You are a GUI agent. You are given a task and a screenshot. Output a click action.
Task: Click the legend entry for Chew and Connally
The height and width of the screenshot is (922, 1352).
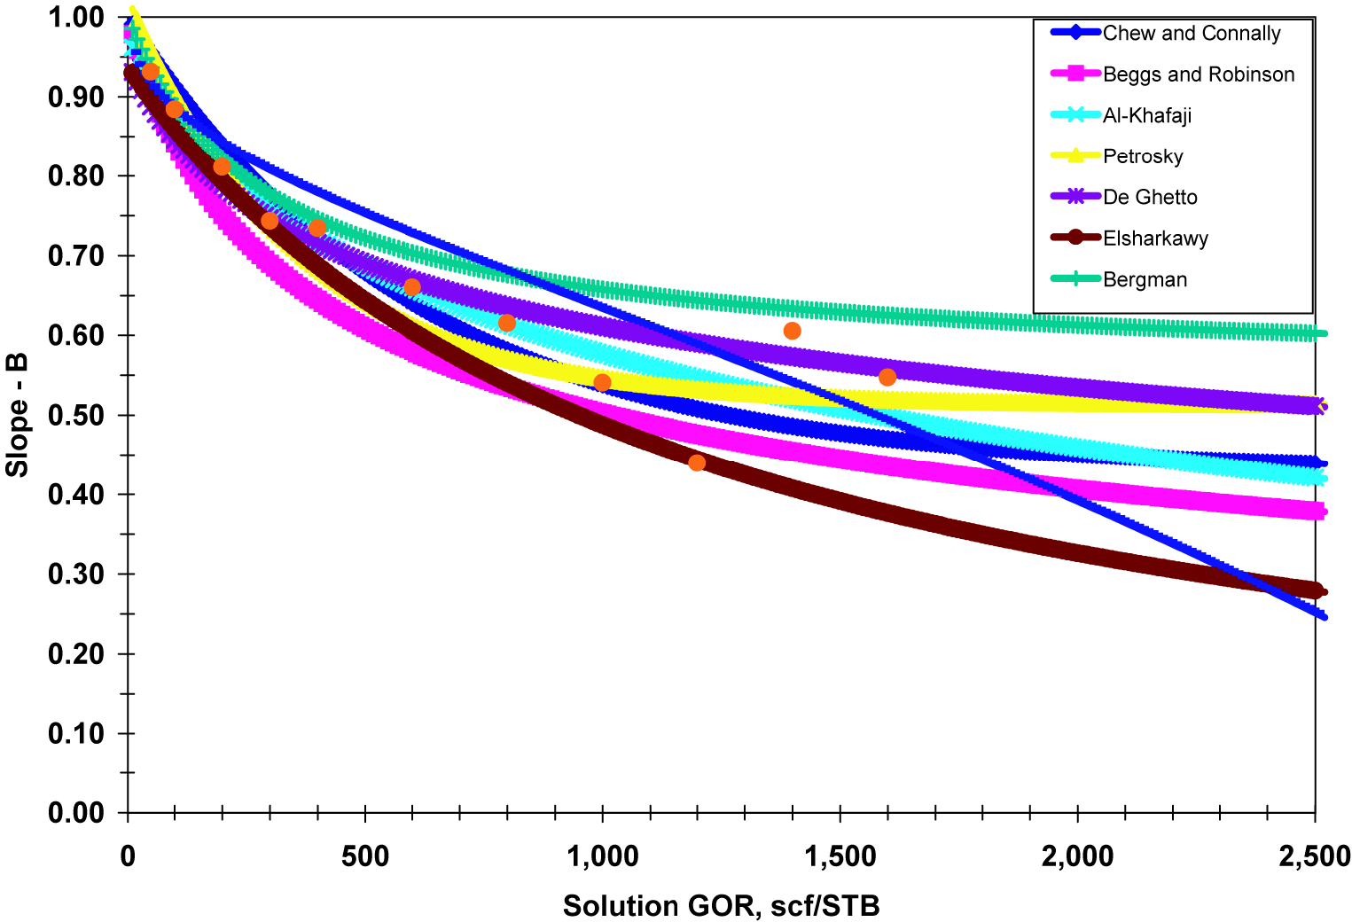point(1191,34)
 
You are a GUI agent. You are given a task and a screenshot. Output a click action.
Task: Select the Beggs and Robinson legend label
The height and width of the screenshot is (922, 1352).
point(1198,74)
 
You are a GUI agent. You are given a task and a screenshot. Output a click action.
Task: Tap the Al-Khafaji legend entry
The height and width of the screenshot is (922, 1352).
point(1146,115)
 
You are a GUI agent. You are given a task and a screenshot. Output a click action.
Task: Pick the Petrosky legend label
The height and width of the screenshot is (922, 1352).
point(1143,157)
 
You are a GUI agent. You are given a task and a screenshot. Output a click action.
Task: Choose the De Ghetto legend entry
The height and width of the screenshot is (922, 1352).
point(1150,198)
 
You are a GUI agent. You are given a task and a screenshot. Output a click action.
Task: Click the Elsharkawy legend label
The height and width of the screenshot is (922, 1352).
point(1155,238)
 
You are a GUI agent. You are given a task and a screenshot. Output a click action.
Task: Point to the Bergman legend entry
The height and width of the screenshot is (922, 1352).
point(1145,280)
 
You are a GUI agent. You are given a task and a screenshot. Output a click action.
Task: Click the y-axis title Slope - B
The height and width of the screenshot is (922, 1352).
point(17,415)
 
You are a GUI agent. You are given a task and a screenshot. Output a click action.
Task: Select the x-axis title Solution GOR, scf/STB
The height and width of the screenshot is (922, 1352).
point(721,906)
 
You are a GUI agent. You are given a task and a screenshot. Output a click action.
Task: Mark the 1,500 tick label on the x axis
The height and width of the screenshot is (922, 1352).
point(840,856)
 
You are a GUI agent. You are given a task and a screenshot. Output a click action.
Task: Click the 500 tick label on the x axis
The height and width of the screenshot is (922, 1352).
point(365,856)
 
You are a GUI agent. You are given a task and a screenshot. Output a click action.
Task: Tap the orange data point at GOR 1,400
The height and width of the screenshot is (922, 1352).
point(793,331)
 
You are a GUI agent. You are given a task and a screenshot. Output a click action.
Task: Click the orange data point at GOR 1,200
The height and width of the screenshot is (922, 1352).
point(697,463)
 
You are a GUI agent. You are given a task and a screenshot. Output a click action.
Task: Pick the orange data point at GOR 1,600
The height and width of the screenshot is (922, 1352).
point(887,378)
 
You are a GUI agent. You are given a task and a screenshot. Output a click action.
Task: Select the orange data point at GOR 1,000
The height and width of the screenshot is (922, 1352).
point(602,383)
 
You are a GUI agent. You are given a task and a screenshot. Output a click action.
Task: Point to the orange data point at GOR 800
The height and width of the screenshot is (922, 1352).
point(507,323)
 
